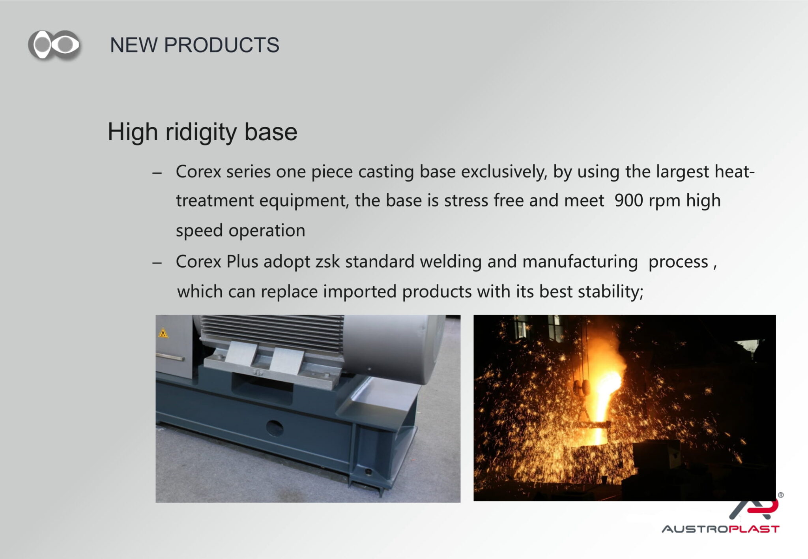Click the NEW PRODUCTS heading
point(195,45)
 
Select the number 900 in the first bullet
point(629,200)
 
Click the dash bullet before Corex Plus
point(157,263)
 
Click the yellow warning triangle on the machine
point(163,333)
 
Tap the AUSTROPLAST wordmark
point(720,529)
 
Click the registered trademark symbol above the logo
point(780,495)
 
